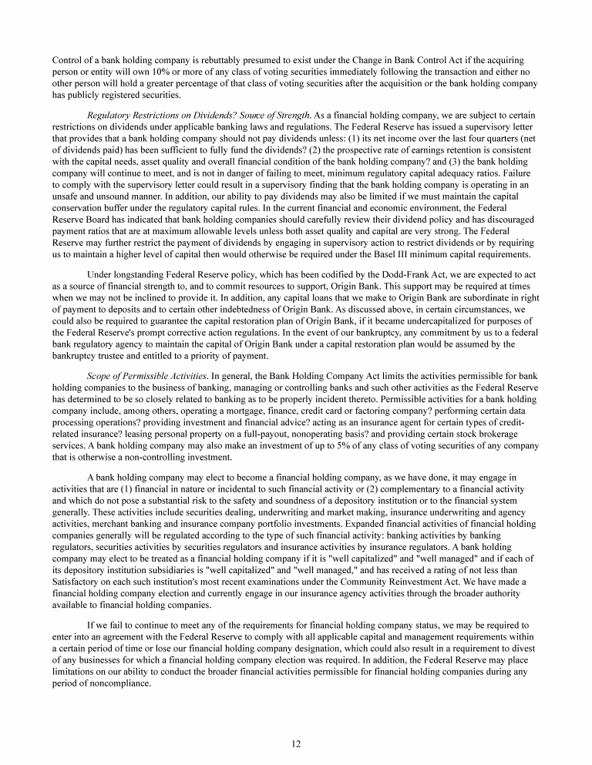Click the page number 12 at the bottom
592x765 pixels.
click(296, 743)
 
